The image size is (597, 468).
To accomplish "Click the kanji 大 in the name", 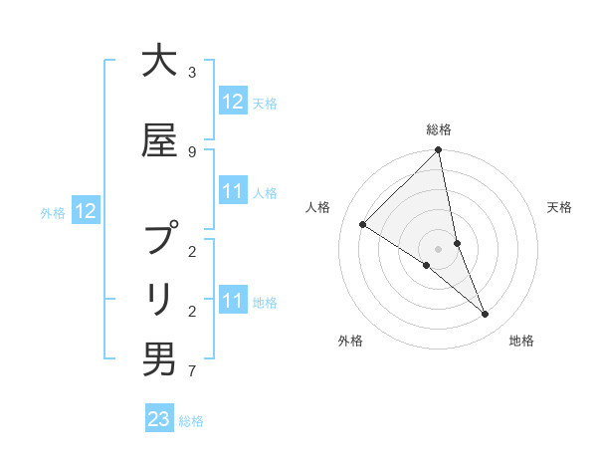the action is click(158, 62).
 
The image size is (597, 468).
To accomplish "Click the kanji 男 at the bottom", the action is click(158, 359).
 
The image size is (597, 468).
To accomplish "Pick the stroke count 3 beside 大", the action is click(192, 73).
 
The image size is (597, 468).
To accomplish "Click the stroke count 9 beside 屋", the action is click(192, 151).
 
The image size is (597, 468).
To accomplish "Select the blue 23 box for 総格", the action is click(159, 419).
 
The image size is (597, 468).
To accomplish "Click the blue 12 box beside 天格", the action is click(232, 102).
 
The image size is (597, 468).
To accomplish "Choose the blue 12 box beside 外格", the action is click(86, 211).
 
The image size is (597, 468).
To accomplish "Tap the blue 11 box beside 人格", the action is click(232, 191).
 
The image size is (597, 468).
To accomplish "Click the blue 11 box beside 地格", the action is click(232, 301).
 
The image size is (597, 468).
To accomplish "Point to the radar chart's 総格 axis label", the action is click(439, 129).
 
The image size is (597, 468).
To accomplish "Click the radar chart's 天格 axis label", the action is click(560, 207).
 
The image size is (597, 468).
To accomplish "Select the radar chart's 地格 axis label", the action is click(521, 342).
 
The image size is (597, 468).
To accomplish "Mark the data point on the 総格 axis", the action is click(439, 150).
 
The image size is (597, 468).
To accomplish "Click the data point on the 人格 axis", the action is click(362, 224).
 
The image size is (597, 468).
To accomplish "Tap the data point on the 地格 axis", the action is click(486, 315).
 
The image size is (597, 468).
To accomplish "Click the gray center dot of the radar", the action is click(439, 249).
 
